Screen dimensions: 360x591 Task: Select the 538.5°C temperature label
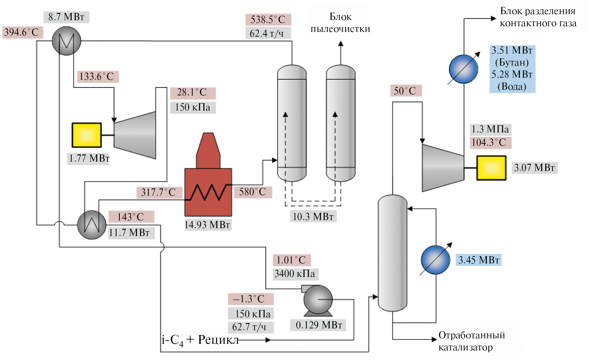pos(268,20)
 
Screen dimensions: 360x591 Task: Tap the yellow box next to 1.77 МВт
pos(86,135)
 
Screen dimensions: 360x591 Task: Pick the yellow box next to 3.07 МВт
pos(491,168)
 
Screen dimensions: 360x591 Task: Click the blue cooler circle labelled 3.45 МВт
pos(435,260)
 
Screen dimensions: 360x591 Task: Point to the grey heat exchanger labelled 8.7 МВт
pos(66,41)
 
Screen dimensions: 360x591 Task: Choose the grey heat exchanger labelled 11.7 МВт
pos(92,225)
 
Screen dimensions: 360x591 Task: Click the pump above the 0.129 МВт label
pos(318,300)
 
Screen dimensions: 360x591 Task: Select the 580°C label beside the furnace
pos(253,192)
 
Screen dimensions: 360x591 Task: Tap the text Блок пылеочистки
pos(341,23)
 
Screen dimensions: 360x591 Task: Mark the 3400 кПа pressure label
pos(295,274)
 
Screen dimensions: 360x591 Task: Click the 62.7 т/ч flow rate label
pos(250,327)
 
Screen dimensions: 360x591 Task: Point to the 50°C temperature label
pos(405,91)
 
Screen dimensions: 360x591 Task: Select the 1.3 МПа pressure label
pos(490,129)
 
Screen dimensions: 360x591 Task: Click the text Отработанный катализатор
pos(471,341)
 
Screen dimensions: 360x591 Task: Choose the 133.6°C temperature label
pos(97,77)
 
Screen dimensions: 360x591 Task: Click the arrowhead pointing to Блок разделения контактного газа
pos(493,19)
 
